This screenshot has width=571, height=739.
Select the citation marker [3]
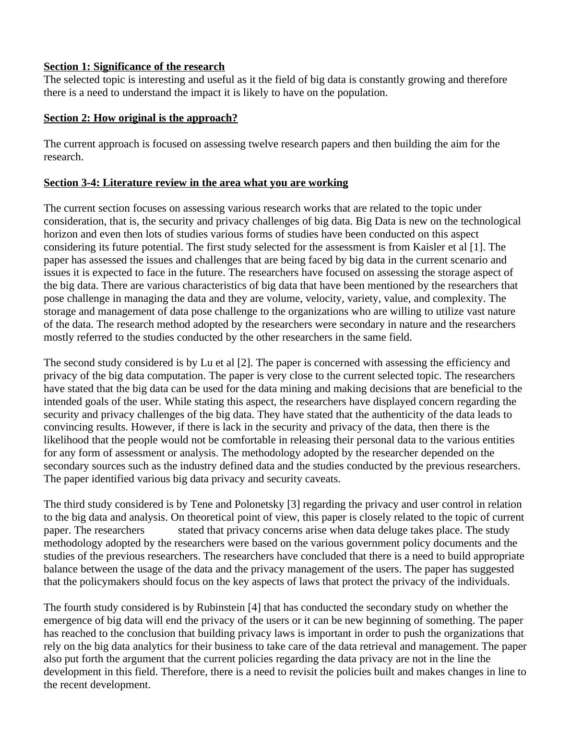[x=293, y=504]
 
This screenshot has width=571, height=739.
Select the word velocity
[x=308, y=298]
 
